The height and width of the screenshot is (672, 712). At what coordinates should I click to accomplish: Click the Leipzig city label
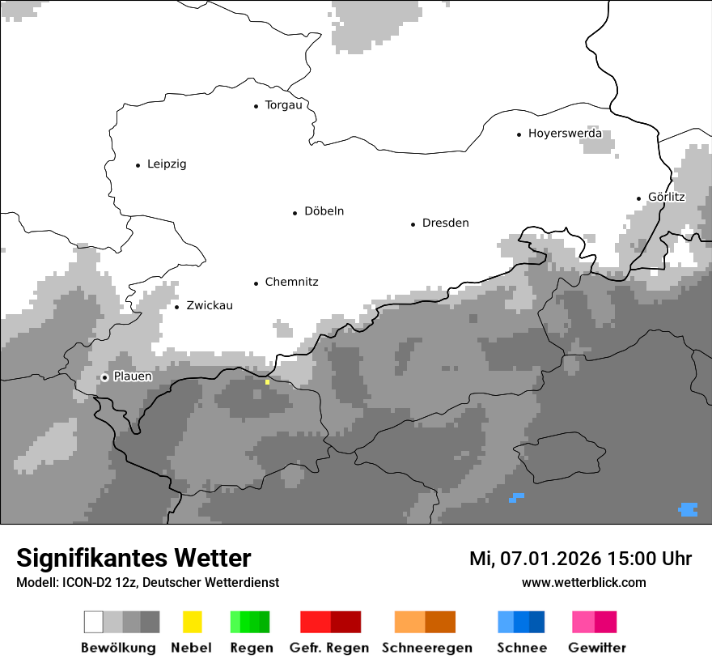(x=167, y=164)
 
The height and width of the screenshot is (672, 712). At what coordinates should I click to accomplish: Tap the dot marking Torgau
(x=256, y=106)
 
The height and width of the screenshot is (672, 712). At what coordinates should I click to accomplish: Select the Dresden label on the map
(x=445, y=223)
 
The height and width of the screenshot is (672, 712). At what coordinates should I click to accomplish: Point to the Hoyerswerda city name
(x=565, y=134)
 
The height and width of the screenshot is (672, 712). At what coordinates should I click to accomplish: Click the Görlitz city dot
(x=639, y=198)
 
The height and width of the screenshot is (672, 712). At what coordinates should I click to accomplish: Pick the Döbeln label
(x=324, y=211)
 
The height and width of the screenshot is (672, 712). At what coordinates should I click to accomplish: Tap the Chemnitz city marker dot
(x=256, y=283)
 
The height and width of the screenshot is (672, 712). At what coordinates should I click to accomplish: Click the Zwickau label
(x=209, y=306)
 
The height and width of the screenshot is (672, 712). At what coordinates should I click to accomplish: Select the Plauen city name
(x=133, y=376)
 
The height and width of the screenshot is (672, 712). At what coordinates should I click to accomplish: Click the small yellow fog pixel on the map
(x=267, y=382)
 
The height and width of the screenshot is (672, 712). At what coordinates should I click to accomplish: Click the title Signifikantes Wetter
(x=133, y=559)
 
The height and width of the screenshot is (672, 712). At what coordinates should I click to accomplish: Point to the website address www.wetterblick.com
(x=583, y=583)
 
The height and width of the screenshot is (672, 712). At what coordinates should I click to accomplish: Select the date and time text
(x=580, y=559)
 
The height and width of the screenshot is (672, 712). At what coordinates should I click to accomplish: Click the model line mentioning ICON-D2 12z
(x=147, y=583)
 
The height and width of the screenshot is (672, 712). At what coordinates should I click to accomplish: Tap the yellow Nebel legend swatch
(x=192, y=622)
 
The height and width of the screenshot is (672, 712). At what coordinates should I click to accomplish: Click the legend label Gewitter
(x=597, y=648)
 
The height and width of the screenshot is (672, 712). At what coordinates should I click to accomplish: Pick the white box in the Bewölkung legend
(x=94, y=622)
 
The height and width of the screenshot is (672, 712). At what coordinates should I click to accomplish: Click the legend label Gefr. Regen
(x=329, y=648)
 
